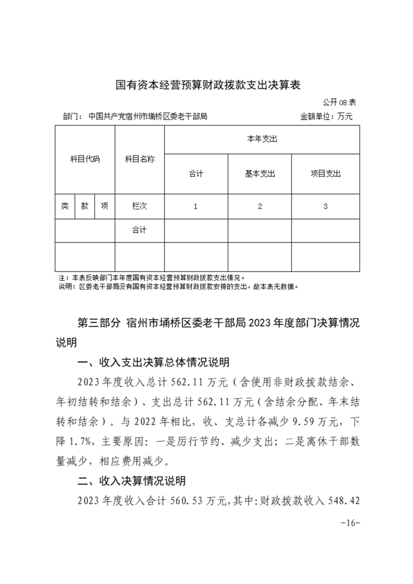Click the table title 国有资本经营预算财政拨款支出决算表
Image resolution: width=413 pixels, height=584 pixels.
click(208, 85)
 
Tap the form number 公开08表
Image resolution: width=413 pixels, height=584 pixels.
click(339, 102)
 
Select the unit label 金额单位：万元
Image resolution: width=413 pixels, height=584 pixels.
click(326, 117)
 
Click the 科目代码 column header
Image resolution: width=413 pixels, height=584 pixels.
click(85, 159)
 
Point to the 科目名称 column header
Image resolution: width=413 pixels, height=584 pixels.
click(140, 159)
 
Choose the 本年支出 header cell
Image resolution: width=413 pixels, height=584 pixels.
click(261, 139)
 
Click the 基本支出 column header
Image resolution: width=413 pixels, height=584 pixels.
click(260, 174)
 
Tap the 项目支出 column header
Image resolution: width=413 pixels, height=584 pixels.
click(326, 174)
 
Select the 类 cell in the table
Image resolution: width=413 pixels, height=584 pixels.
click(65, 206)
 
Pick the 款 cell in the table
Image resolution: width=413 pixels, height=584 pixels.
click(85, 206)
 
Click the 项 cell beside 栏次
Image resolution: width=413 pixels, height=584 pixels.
click(105, 206)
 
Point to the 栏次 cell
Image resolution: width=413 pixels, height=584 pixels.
click(140, 206)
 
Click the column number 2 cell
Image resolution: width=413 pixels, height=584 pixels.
click(260, 206)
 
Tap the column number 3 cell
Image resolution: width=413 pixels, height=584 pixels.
click(326, 206)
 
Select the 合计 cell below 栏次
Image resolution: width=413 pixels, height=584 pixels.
click(140, 230)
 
